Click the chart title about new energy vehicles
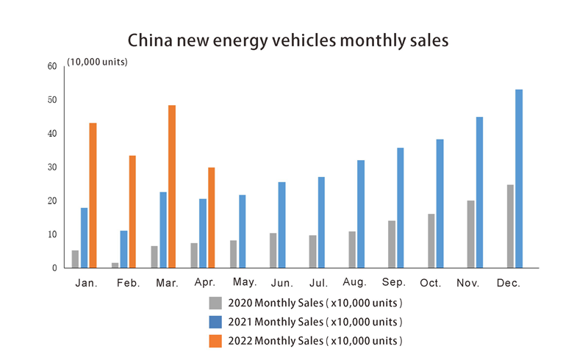coord(287,40)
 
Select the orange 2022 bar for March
coord(172,187)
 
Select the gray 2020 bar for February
coord(115,265)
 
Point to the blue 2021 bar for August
coord(361,214)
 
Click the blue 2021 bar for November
coord(479,192)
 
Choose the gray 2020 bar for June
coord(273,251)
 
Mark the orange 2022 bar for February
coord(132,212)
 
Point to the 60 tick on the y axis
coord(51,66)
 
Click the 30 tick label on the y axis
coord(51,168)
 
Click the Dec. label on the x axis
coord(509,283)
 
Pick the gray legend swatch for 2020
coord(215,303)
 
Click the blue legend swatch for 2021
coord(215,322)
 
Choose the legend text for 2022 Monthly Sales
coord(315,341)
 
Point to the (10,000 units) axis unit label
coord(98,62)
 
